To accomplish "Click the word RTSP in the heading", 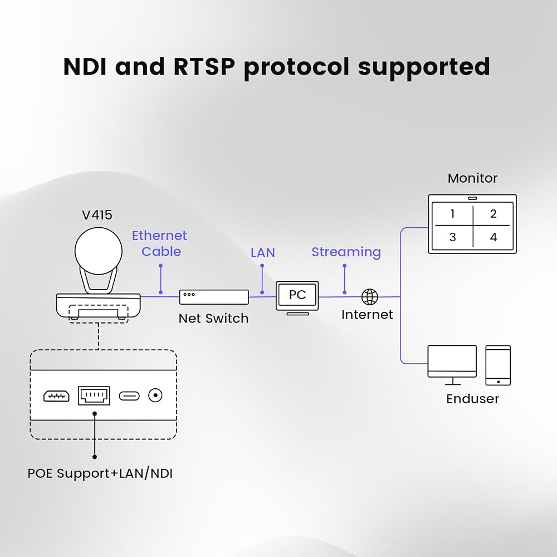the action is point(204,66).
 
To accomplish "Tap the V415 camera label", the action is point(97,215).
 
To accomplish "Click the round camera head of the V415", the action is point(99,251).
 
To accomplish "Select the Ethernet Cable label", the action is point(159,243).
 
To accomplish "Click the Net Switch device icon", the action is point(214,297).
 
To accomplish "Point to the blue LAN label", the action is point(262,252).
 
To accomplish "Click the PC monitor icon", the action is point(297,297).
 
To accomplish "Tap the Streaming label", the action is point(346,252).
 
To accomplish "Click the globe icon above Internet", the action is point(369,297).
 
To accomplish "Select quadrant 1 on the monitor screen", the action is point(452,214).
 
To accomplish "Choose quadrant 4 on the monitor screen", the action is point(494,237).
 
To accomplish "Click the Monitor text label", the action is point(472,178).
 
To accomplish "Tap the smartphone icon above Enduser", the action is point(498,365).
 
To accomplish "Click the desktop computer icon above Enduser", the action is point(452,365).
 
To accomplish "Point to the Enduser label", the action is point(472,399).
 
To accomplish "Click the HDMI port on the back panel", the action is point(56,395).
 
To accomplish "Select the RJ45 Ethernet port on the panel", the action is point(94,395).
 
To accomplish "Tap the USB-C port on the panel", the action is point(129,395).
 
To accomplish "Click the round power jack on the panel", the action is point(155,395).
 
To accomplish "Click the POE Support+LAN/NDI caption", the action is point(100,473).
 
